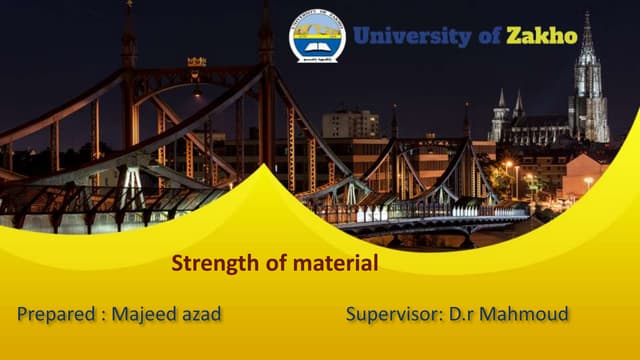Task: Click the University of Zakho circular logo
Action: click(317, 37)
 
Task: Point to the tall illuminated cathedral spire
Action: click(588, 80)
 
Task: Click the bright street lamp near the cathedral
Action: click(508, 165)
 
